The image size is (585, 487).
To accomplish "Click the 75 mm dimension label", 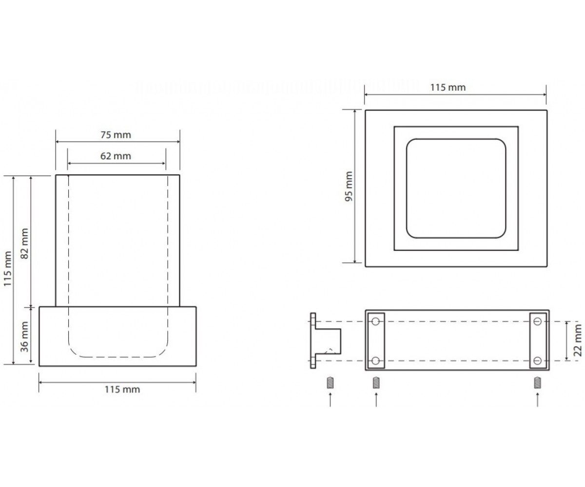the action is pyautogui.click(x=116, y=135).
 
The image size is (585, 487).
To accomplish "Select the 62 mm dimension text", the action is pyautogui.click(x=116, y=156).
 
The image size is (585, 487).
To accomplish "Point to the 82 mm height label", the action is pyautogui.click(x=25, y=243).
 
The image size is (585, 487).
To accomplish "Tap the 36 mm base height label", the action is pyautogui.click(x=25, y=337).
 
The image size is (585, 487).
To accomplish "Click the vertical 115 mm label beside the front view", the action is pyautogui.click(x=8, y=269).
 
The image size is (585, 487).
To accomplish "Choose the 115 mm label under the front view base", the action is pyautogui.click(x=122, y=390).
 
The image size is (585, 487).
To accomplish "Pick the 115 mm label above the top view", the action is pyautogui.click(x=448, y=88).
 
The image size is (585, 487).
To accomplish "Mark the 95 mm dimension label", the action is pyautogui.click(x=349, y=187).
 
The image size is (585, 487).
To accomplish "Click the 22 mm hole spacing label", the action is pyautogui.click(x=578, y=340).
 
